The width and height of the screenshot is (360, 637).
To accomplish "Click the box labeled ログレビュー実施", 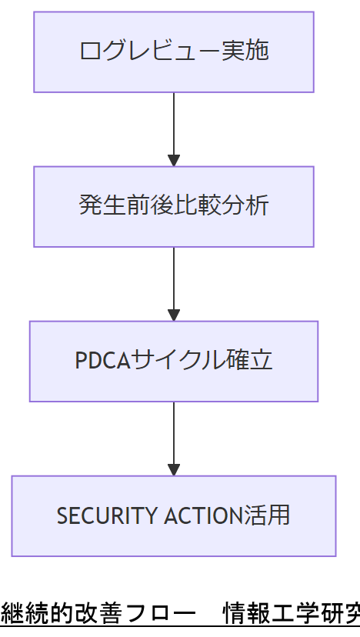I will tap(173, 52).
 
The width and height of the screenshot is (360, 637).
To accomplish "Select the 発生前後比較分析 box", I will tap(173, 207).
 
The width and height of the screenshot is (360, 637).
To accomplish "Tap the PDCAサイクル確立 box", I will tap(173, 362).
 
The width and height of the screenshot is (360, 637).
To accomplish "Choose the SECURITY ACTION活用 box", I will tap(173, 516).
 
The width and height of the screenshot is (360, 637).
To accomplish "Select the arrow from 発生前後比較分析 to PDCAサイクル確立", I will tap(174, 279).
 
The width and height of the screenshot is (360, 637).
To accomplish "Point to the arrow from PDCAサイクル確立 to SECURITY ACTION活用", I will tap(174, 434).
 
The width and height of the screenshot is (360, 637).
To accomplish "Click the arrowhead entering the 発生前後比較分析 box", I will tap(174, 161).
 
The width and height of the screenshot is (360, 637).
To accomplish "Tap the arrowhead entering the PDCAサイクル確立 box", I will tap(174, 315).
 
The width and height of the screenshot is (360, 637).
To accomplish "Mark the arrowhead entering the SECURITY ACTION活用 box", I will tap(174, 470).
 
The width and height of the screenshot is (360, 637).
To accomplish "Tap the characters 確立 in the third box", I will tap(250, 361).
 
